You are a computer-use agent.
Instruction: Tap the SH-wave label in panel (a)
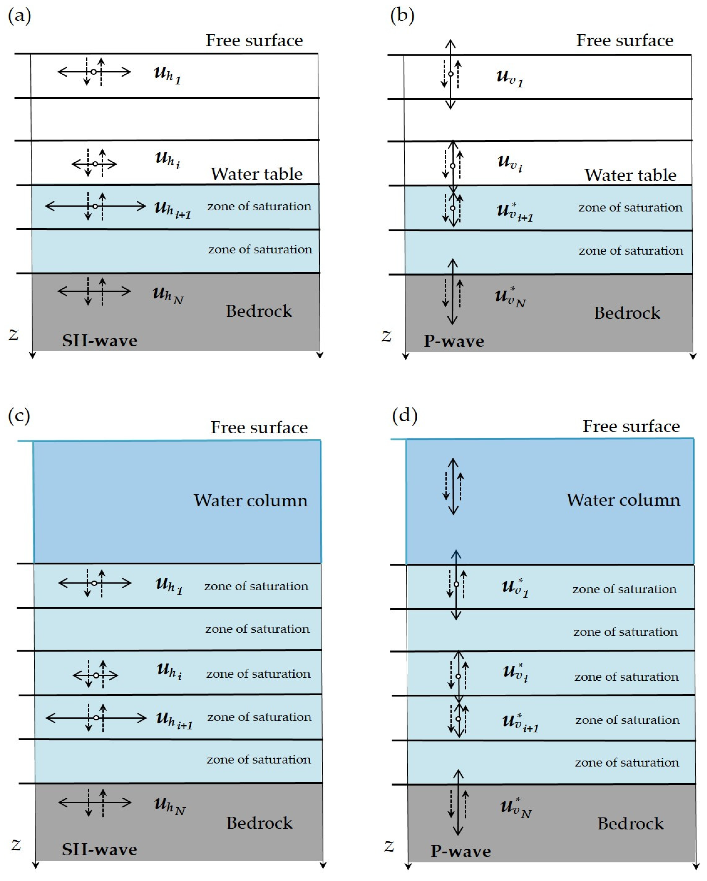pos(99,340)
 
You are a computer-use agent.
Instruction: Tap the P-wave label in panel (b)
pos(454,341)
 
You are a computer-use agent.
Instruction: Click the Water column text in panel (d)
pos(623,500)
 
